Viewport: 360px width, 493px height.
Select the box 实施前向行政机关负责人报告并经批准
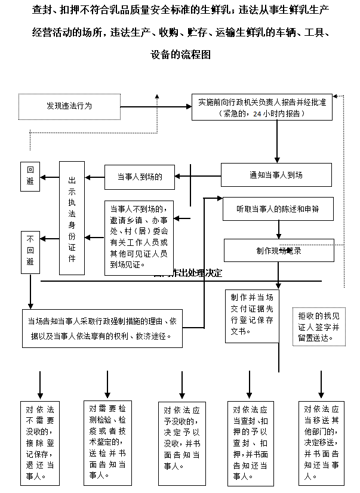tap(262, 107)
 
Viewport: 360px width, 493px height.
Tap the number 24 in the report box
tap(257, 113)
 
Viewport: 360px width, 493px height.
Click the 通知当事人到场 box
tap(276, 175)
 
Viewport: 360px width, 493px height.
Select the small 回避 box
tap(30, 174)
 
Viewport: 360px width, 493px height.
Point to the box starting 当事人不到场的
tap(139, 238)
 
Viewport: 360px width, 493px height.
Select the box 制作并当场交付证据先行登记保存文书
tap(251, 316)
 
